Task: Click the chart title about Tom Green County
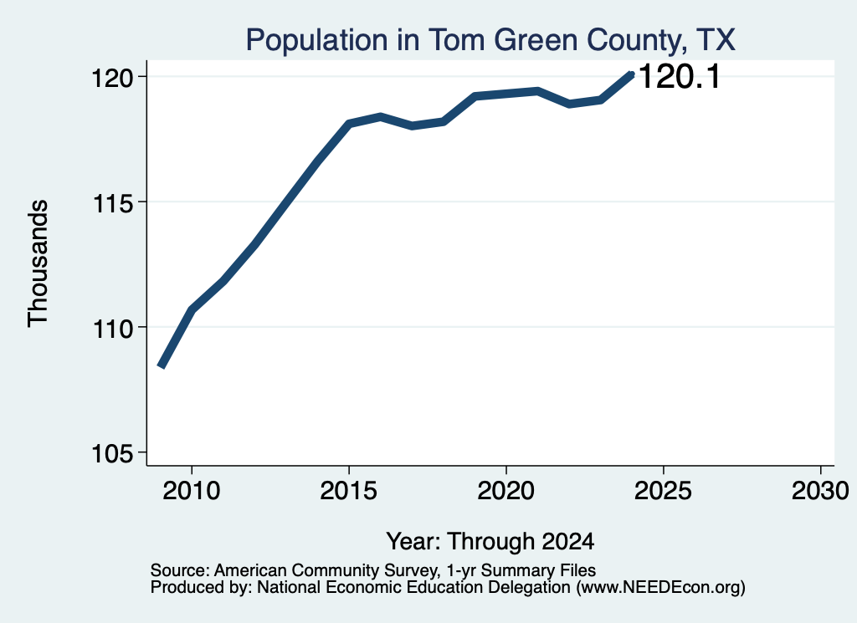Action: coord(490,40)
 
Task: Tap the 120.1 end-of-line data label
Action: coord(680,76)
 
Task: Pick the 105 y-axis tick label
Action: coord(112,454)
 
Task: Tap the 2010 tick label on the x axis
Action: coord(192,491)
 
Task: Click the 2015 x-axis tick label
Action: coord(349,491)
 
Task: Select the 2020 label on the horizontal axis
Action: coord(506,491)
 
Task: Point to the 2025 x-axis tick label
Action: coord(663,491)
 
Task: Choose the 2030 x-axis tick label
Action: coord(820,491)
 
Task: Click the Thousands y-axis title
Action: coord(38,263)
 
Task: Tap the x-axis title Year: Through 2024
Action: coord(490,542)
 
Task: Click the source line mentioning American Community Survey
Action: coord(373,570)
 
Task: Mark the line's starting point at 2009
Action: coord(161,365)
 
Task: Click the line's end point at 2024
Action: coord(631,74)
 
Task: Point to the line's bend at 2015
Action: coord(349,124)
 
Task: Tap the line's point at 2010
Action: coord(192,310)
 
